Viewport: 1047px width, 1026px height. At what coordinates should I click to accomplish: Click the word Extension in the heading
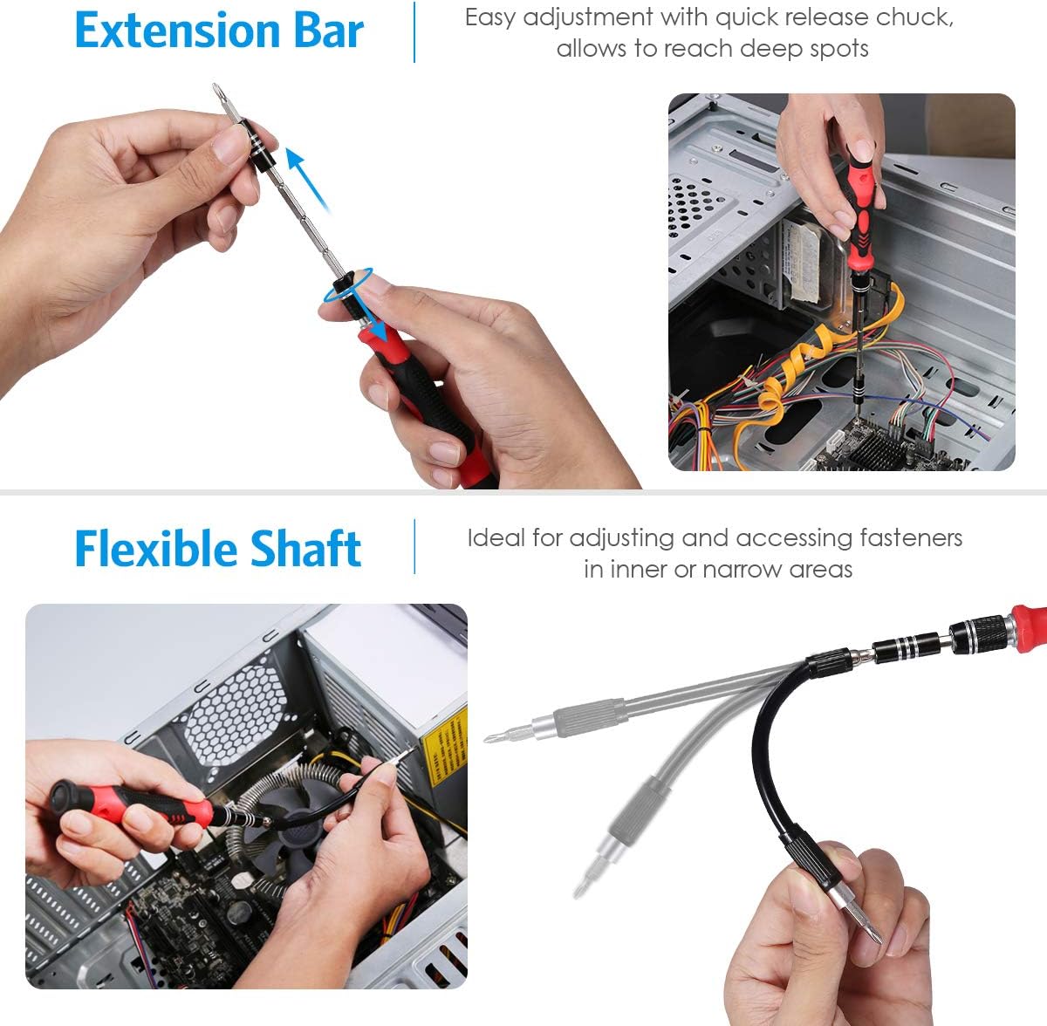(x=177, y=31)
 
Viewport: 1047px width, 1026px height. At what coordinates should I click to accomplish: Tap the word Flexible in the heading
(x=155, y=549)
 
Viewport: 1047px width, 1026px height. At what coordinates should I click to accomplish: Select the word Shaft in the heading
(x=306, y=549)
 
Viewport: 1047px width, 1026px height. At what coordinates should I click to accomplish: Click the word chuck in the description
(x=914, y=17)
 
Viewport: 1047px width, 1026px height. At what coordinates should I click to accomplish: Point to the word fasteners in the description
(x=911, y=538)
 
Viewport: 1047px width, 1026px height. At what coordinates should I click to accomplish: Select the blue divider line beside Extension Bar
(x=414, y=32)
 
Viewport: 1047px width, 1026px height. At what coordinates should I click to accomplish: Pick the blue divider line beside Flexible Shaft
(x=414, y=547)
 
